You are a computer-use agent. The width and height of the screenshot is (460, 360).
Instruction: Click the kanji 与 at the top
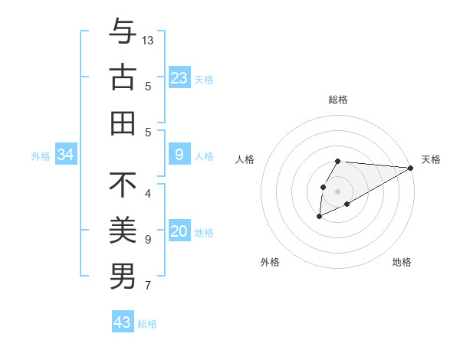click(x=123, y=32)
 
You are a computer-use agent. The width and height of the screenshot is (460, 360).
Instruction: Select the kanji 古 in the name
click(x=123, y=77)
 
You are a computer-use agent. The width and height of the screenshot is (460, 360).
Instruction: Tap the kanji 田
click(x=123, y=123)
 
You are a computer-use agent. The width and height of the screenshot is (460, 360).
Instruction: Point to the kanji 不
click(x=123, y=185)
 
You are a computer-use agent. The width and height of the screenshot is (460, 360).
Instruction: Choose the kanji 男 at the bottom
click(x=123, y=277)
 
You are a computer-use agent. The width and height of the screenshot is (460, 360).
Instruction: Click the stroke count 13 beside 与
click(x=148, y=40)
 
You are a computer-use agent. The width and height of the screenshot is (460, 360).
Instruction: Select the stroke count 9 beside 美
click(x=147, y=240)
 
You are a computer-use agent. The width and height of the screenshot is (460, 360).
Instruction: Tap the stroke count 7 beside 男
click(x=147, y=286)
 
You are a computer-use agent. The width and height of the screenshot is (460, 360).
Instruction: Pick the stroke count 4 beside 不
click(x=147, y=194)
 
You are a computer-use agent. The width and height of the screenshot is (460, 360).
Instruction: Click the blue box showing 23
click(x=179, y=77)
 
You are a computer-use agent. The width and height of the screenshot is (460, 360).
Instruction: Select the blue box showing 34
click(x=66, y=155)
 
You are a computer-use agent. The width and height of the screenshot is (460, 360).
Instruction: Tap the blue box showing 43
click(x=123, y=322)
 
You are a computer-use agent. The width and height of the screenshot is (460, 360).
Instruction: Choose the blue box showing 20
click(x=179, y=232)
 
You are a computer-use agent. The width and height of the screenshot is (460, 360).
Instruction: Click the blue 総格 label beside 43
click(x=148, y=324)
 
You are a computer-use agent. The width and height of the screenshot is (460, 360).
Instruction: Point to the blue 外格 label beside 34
click(x=40, y=156)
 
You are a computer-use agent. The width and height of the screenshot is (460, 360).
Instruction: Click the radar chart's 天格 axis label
click(x=431, y=159)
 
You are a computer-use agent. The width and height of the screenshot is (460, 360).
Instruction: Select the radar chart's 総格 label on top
click(x=338, y=100)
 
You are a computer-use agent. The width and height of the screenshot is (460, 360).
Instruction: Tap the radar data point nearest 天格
click(x=411, y=168)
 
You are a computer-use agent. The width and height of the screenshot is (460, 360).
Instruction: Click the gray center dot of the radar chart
click(x=338, y=191)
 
